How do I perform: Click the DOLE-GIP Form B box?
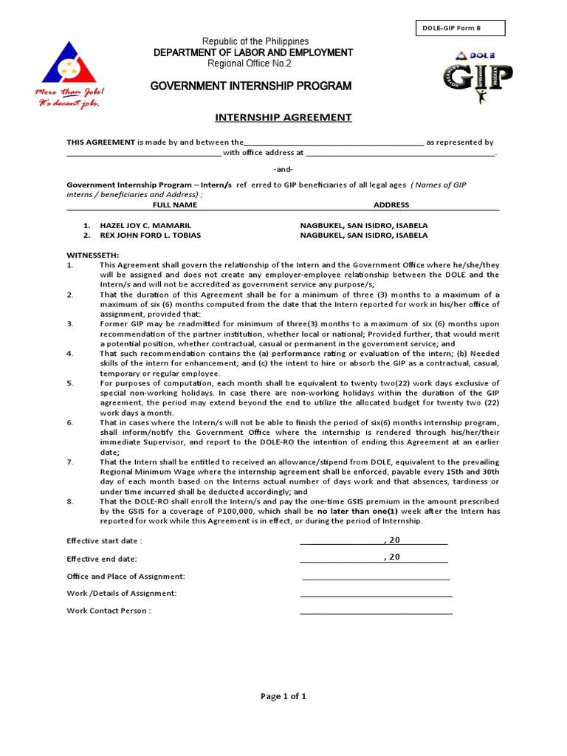[x=461, y=29]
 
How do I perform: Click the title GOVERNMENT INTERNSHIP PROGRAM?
[x=251, y=86]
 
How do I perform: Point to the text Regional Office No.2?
[x=251, y=63]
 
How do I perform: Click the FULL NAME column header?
[x=175, y=205]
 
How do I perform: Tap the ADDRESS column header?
[x=391, y=205]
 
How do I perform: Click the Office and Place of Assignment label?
[x=126, y=576]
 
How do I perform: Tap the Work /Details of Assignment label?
[x=121, y=593]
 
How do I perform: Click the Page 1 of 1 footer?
[x=283, y=695]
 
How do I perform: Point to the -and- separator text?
[x=283, y=169]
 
